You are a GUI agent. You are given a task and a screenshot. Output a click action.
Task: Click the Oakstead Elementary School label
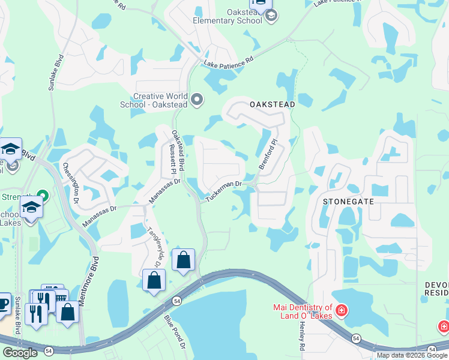coord(228,16)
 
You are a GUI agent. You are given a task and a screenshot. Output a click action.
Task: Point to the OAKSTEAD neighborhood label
coord(273,104)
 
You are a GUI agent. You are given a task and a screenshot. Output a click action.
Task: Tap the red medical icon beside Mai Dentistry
coord(341,310)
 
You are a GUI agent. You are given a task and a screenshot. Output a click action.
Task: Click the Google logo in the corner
coord(20,353)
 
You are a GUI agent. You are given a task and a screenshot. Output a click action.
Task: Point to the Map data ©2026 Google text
coord(412,355)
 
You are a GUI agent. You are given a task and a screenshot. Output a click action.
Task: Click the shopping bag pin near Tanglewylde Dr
coord(154,280)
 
